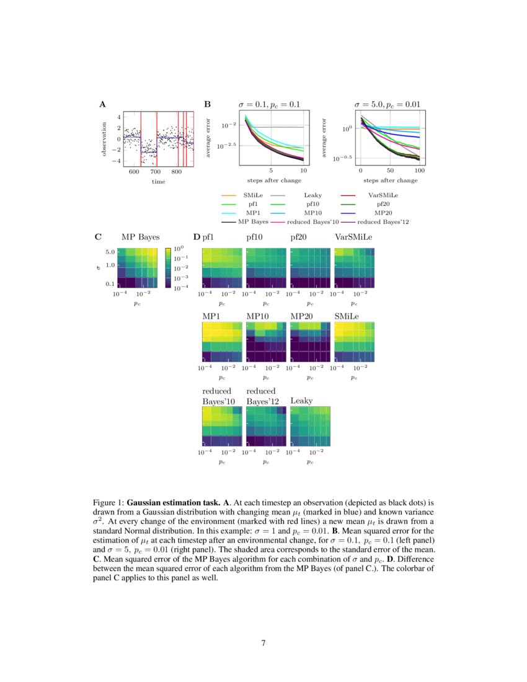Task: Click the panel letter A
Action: pos(102,105)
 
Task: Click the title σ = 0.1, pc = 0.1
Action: pos(269,104)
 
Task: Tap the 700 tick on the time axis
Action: pos(155,172)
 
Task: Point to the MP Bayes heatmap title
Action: pos(140,237)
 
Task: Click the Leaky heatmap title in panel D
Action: pos(302,401)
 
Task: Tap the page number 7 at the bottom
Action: pos(263,643)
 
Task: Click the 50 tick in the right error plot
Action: pos(390,170)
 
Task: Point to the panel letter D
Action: pos(197,237)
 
